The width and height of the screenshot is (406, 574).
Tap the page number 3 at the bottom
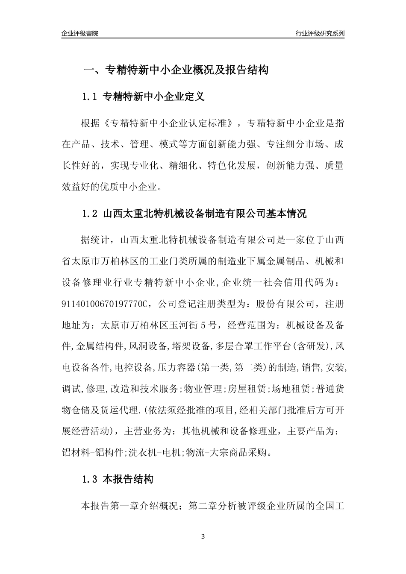(x=203, y=536)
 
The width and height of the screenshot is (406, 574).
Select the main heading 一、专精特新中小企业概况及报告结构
(x=175, y=70)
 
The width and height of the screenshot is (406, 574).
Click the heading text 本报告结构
(x=128, y=479)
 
